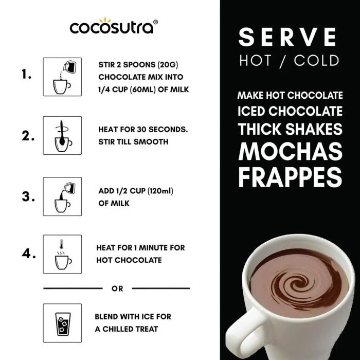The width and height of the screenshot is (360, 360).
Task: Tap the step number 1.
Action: (x=27, y=75)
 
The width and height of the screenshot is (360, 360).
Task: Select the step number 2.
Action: (x=28, y=137)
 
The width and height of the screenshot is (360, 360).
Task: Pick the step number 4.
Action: (x=28, y=254)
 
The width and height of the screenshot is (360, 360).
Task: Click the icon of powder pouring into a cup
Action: (x=62, y=77)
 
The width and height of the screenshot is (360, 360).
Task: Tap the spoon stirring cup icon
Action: (x=62, y=136)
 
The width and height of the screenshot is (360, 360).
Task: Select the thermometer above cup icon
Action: (x=62, y=255)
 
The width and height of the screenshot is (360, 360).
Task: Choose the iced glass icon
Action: (x=62, y=323)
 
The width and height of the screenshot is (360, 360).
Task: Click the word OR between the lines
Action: (x=117, y=289)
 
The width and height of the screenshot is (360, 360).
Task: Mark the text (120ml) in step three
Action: (x=160, y=191)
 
